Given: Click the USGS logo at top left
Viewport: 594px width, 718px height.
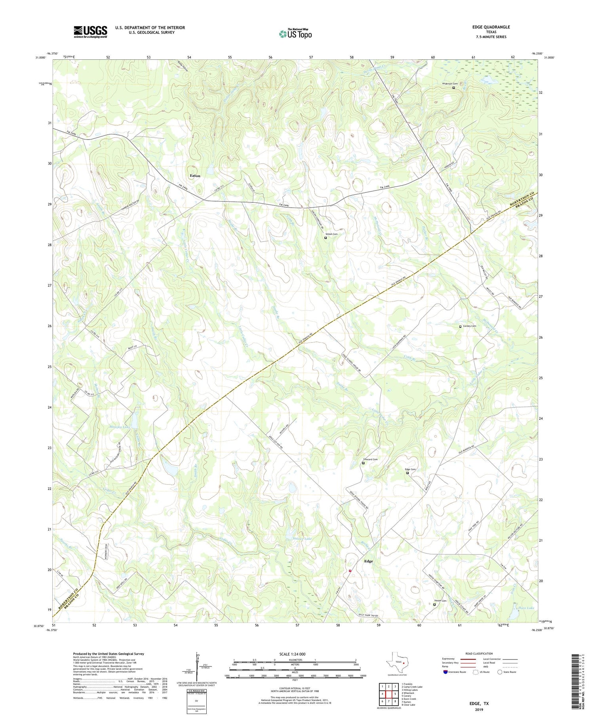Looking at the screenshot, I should click(90, 32).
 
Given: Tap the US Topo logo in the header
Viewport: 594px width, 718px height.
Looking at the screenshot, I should click(295, 34).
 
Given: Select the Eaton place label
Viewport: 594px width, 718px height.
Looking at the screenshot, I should click(195, 175).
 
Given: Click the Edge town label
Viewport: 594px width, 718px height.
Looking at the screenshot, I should click(368, 561).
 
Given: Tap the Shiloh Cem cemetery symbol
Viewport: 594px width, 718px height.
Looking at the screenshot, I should click(326, 238).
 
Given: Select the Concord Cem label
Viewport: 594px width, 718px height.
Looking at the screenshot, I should click(370, 459).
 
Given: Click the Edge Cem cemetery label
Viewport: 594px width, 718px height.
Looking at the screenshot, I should click(410, 469).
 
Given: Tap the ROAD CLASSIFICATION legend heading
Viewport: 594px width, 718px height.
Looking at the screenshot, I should click(479, 653).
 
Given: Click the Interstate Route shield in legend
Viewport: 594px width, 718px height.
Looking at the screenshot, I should click(445, 672).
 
